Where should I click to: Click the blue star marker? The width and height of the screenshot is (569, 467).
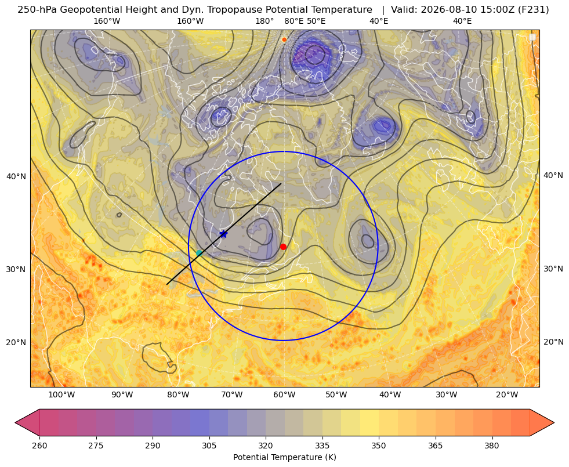click(x=223, y=234)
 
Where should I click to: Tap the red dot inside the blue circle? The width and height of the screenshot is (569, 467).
click(x=283, y=247)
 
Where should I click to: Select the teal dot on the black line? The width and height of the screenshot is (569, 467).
click(x=199, y=253)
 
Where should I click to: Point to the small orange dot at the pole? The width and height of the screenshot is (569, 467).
click(x=284, y=39)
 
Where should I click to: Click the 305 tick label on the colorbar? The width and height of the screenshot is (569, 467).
click(x=209, y=445)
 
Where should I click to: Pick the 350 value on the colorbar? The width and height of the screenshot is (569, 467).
click(x=379, y=445)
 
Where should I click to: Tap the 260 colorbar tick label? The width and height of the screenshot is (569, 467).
click(x=39, y=445)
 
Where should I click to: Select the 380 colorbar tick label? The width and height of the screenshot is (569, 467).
click(x=492, y=445)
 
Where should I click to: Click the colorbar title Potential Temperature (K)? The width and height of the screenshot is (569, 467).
click(x=284, y=457)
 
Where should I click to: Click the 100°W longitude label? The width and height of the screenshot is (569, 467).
click(x=61, y=395)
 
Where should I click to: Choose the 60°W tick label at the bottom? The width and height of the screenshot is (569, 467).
click(x=284, y=395)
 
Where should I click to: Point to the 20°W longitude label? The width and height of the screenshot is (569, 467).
click(x=507, y=395)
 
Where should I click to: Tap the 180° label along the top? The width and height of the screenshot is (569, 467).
click(x=264, y=21)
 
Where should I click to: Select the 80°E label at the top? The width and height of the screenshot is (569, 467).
click(x=294, y=21)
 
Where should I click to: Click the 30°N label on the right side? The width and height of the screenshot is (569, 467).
click(x=553, y=269)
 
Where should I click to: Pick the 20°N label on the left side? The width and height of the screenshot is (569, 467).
click(x=16, y=342)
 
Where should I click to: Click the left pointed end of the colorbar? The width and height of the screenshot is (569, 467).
click(x=16, y=422)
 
